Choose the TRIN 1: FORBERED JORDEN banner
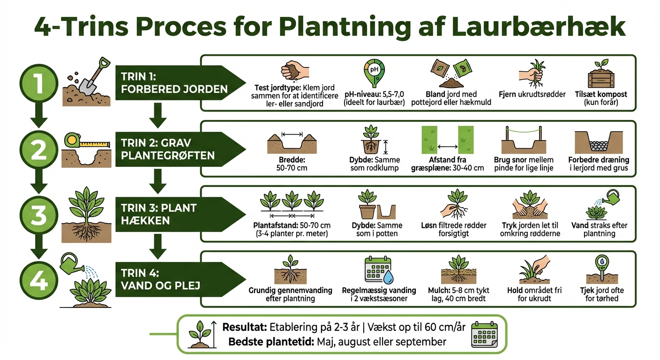pyautogui.click(x=178, y=83)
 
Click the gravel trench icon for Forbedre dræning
pyautogui.click(x=598, y=142)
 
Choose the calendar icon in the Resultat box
pyautogui.click(x=484, y=334)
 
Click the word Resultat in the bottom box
pyautogui.click(x=244, y=327)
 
